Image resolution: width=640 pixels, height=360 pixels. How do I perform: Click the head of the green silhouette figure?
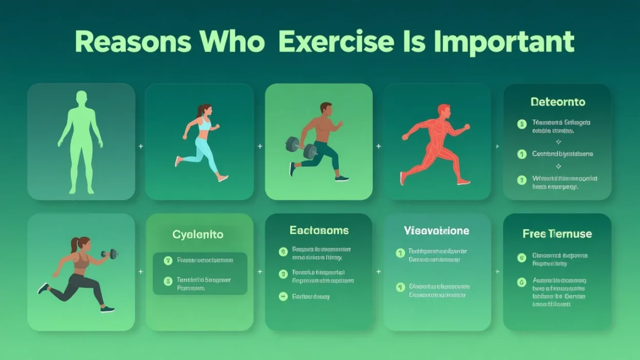point(81,98)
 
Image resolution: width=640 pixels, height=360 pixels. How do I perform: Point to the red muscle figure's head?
point(444,110)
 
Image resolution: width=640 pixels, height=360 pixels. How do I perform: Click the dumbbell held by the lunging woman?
point(109,254)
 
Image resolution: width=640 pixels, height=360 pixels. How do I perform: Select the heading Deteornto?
point(557,102)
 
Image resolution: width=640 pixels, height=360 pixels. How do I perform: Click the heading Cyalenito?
point(197,234)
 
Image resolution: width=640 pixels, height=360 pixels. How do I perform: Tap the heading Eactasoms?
point(319,230)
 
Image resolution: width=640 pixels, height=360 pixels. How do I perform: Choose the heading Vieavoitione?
point(436,231)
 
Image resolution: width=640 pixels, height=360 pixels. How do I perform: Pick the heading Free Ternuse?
point(557,234)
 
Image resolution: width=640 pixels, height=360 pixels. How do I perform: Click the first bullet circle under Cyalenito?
point(168,261)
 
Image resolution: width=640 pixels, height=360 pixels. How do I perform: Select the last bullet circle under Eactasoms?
point(283,296)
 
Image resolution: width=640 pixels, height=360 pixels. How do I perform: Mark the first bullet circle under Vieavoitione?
point(401,253)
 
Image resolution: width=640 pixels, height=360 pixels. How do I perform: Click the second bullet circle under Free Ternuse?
point(522,282)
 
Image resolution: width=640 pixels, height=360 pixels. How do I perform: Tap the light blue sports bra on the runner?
point(205,125)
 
